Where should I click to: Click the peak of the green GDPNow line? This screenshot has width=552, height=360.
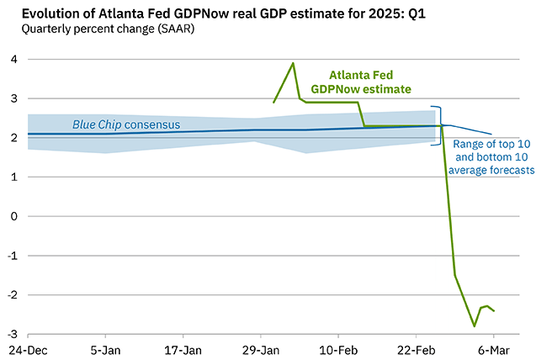[293, 63]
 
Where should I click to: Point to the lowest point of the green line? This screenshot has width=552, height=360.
[475, 326]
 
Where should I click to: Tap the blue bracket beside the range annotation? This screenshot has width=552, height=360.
[437, 126]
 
